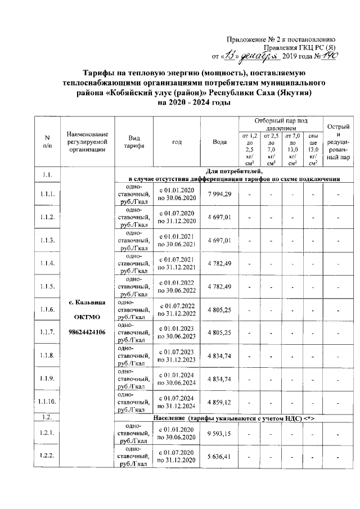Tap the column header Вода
click(219, 142)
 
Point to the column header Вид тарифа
click(134, 142)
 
